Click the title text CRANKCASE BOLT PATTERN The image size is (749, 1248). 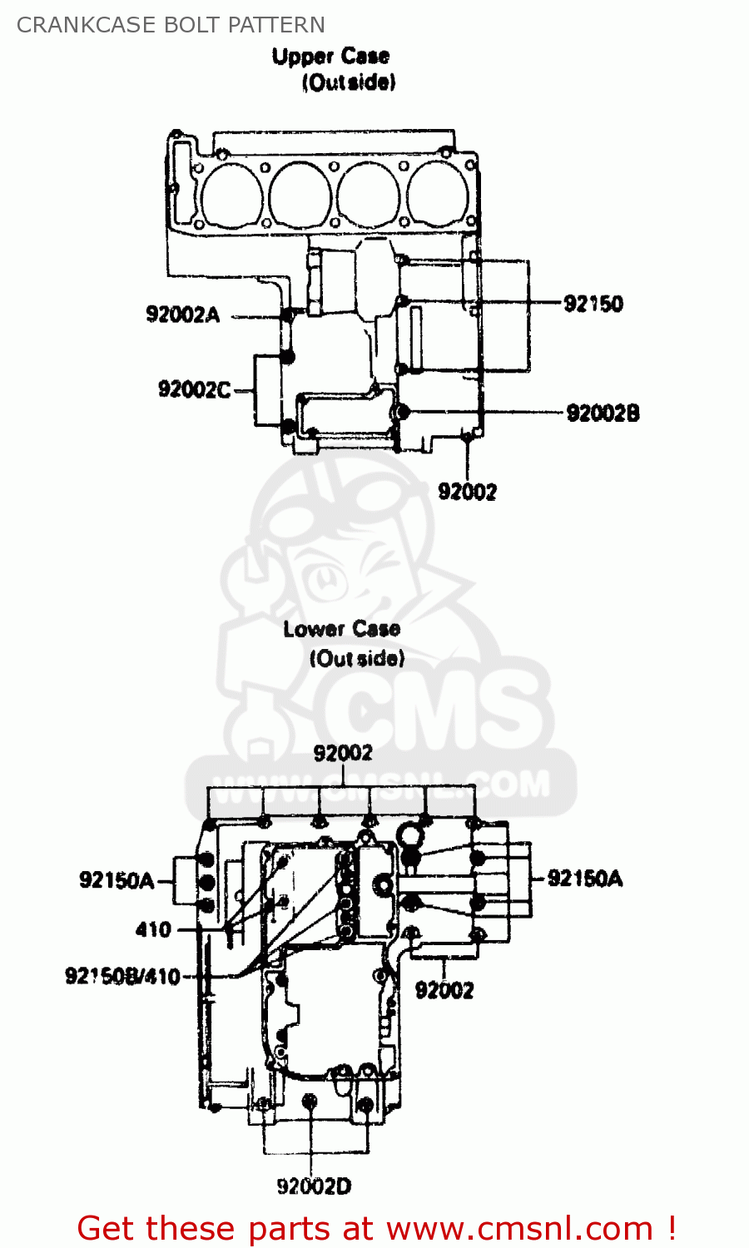pos(171,25)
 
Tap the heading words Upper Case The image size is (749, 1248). pos(330,57)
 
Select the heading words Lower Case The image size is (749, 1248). pos(341,629)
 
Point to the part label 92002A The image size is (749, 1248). pos(183,314)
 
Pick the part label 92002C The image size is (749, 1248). pos(195,389)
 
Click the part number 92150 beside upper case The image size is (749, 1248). pos(593,304)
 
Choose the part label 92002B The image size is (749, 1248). pos(603,413)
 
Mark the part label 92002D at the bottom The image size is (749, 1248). pos(314,1186)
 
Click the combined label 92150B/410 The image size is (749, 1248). pos(122,976)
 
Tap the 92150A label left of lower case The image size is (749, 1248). pos(117,880)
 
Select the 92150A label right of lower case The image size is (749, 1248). pos(585,879)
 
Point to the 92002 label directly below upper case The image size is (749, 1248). pos(468,492)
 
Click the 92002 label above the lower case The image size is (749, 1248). pos(343,754)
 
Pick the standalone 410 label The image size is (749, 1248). pos(153,929)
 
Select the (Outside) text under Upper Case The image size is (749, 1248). pos(349,82)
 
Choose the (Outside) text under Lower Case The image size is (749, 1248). pos(357,658)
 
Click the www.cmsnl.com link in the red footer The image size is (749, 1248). pos(519,1228)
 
